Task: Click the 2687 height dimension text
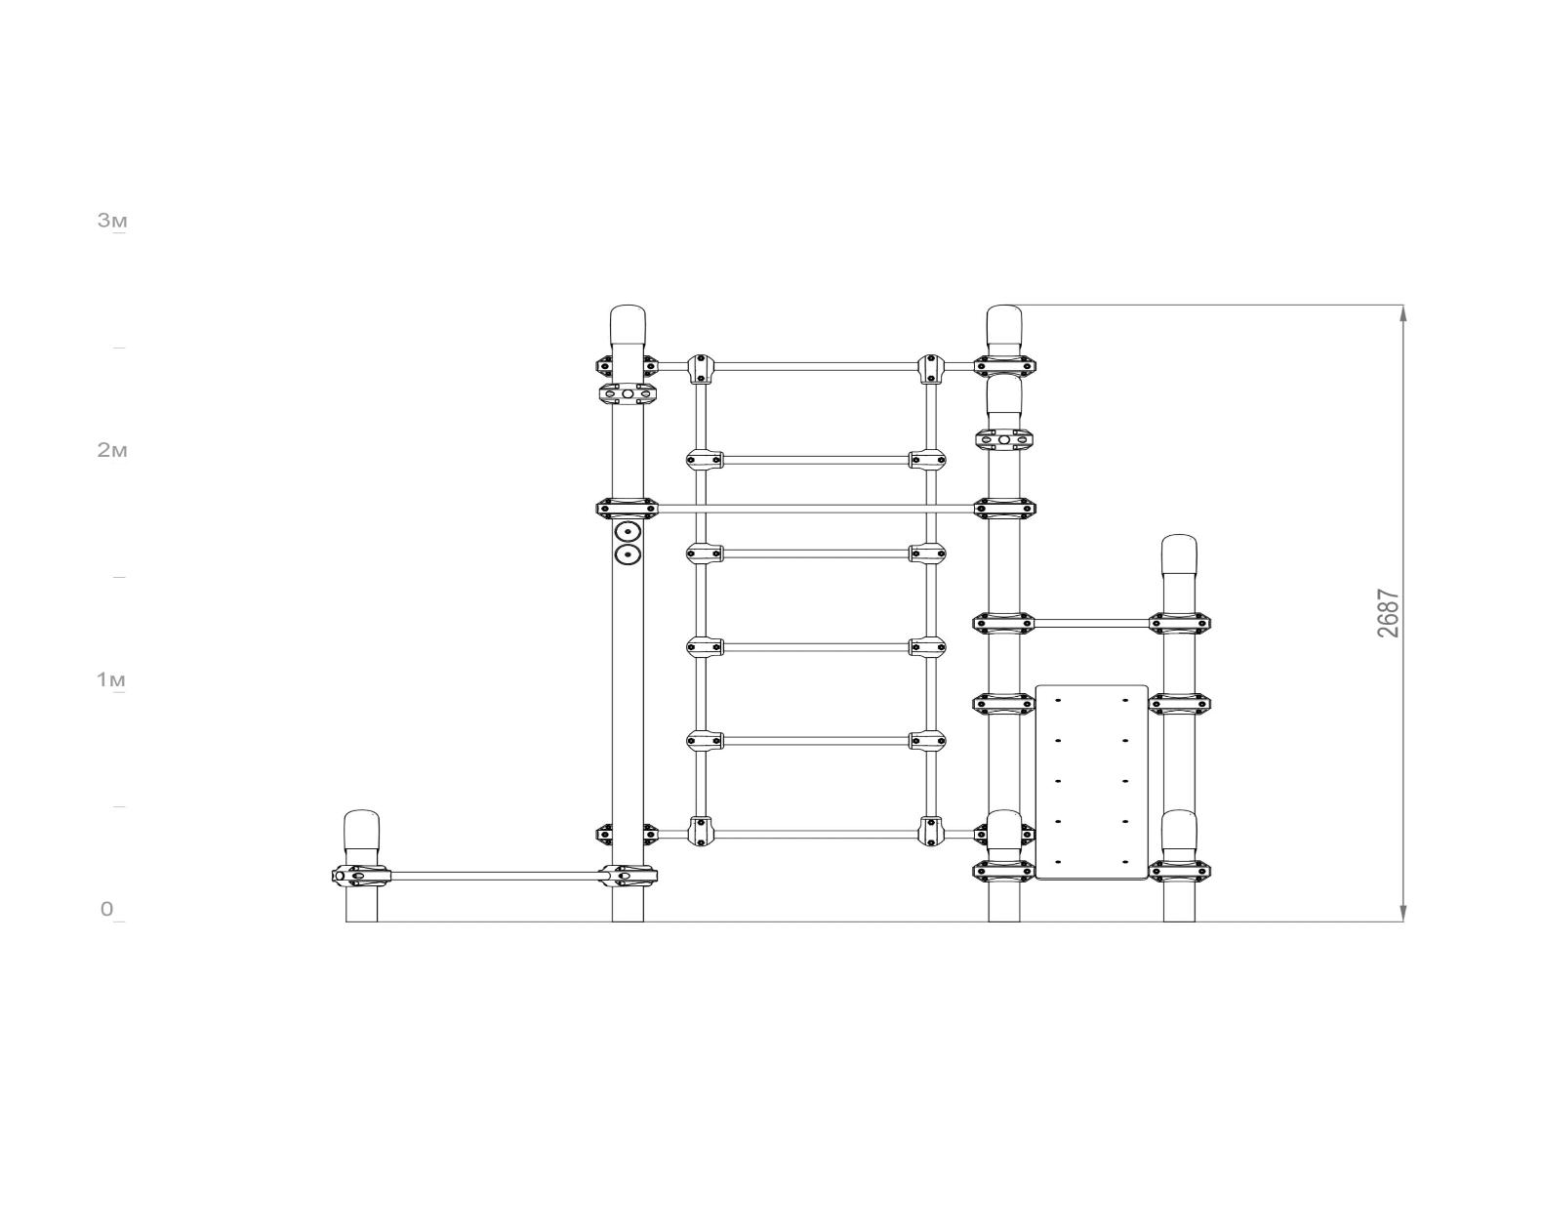1388,613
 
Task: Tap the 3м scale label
112,220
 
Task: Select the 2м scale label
112,450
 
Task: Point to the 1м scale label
111,678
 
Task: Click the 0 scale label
106,909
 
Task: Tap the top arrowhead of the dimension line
1403,313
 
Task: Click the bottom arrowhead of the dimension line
1403,913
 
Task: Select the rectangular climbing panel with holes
1091,782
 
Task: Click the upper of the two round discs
628,532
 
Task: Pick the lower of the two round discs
628,554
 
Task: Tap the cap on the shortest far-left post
361,830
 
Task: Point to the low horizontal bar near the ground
496,876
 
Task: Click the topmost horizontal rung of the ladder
815,366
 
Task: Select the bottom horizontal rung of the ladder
815,835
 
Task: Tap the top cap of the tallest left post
628,325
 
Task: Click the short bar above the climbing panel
1091,623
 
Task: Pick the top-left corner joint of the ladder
700,368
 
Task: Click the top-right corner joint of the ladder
931,368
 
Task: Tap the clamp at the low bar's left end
361,876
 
